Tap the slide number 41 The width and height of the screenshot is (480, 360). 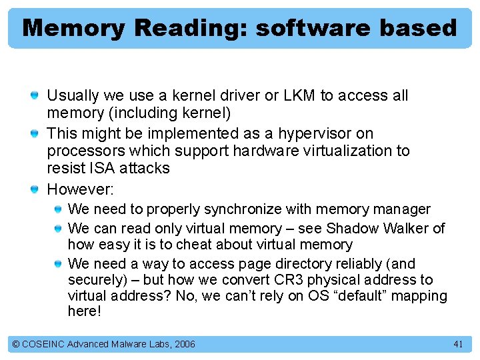pyautogui.click(x=457, y=344)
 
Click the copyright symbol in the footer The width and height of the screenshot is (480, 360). pyautogui.click(x=16, y=344)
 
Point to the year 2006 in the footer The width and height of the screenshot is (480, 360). pyautogui.click(x=184, y=344)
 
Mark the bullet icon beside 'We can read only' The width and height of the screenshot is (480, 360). pyautogui.click(x=57, y=229)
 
